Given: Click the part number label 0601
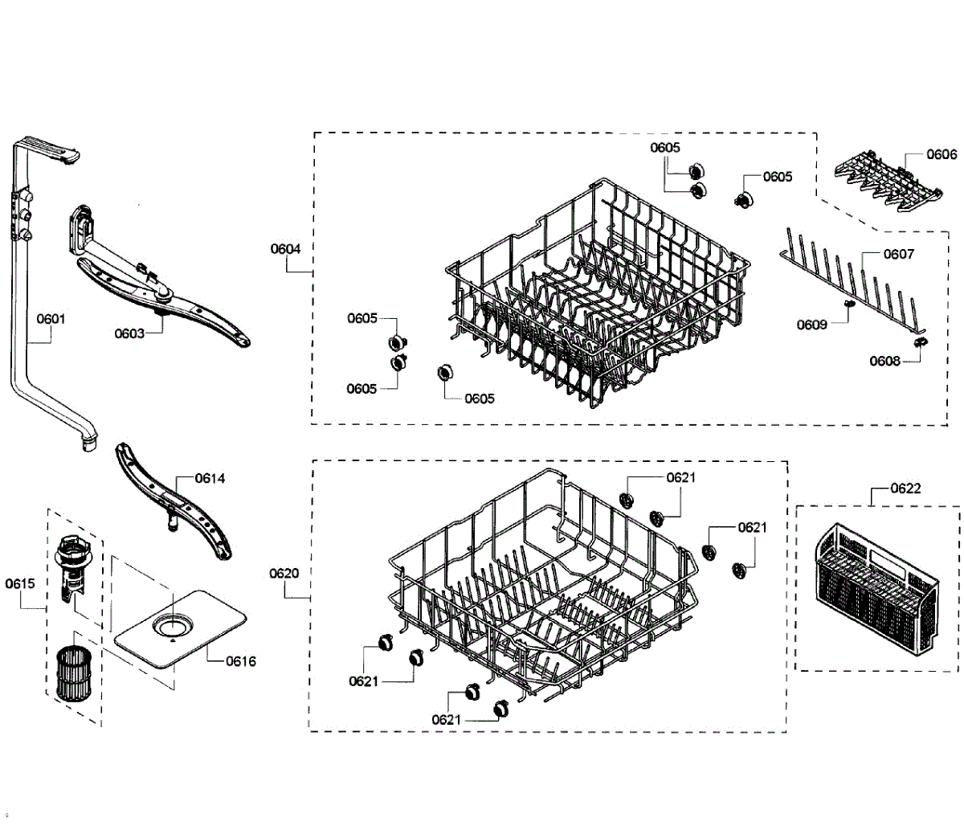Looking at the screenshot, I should (51, 319).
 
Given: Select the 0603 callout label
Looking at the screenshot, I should (129, 333).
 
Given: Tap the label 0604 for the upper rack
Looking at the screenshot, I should (285, 249).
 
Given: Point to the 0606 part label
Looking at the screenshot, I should (942, 154).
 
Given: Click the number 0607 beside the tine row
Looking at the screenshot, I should (899, 254).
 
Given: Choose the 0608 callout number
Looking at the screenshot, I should (884, 361).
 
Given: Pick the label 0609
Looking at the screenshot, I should (811, 325).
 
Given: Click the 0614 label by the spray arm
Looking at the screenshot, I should (210, 478).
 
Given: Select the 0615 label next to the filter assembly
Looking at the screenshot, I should (20, 583).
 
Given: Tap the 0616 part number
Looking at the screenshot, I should (241, 661).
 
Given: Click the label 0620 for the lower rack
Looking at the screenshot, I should (284, 573).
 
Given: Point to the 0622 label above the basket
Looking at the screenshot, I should (905, 488).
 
